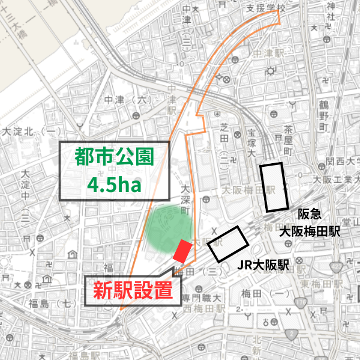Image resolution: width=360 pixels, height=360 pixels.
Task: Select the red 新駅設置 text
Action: [133, 291]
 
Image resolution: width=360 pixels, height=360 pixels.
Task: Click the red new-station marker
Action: [181, 251]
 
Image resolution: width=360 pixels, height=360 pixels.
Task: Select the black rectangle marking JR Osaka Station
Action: [229, 243]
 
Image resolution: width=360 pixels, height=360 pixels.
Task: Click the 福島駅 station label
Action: [83, 355]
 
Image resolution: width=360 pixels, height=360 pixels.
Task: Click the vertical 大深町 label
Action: [186, 201]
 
